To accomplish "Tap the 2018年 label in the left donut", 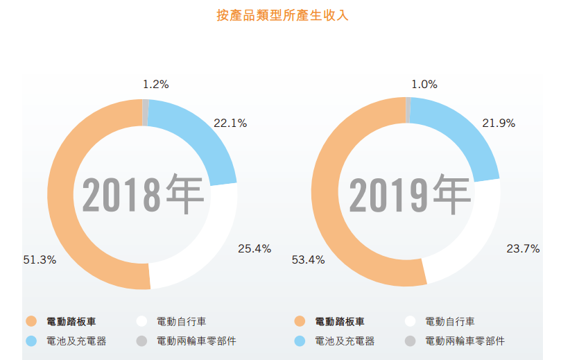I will [143, 194].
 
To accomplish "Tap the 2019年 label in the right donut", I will [409, 194].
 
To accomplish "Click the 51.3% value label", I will [40, 259].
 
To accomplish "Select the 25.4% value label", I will [254, 248].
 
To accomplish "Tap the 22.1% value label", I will [230, 123].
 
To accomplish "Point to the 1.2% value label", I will [155, 85].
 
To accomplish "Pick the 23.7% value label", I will [523, 248].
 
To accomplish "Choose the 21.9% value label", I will [499, 123].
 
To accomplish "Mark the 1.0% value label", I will [424, 85].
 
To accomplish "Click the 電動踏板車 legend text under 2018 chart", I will [71, 321].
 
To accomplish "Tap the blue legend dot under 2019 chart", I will [300, 341].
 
